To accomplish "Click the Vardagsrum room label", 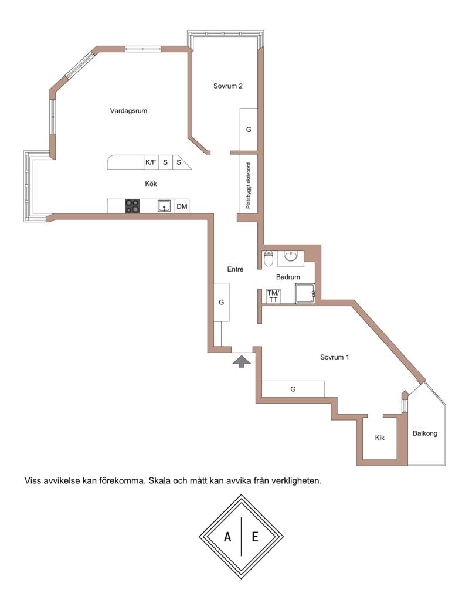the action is click(x=128, y=111).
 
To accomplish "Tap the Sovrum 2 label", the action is click(x=228, y=86).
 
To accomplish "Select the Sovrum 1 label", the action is click(x=334, y=357).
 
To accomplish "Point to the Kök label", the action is click(x=151, y=184).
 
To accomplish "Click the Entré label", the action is click(x=235, y=269).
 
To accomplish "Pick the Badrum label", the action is click(x=288, y=277).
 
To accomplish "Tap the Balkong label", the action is click(x=425, y=433).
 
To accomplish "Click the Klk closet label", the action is click(x=379, y=438).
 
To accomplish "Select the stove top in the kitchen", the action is click(x=132, y=206).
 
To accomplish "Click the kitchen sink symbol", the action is click(x=164, y=206).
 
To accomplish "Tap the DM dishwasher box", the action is click(x=182, y=206).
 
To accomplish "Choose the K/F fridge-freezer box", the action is click(x=151, y=162).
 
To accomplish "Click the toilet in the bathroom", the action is click(x=269, y=259).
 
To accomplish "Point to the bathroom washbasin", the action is click(x=291, y=257).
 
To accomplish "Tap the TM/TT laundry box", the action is click(x=273, y=296).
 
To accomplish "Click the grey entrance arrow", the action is click(x=242, y=362).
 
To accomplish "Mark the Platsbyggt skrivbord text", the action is click(x=249, y=185).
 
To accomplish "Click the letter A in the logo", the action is click(x=227, y=537).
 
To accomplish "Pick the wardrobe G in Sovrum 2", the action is click(x=249, y=129).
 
